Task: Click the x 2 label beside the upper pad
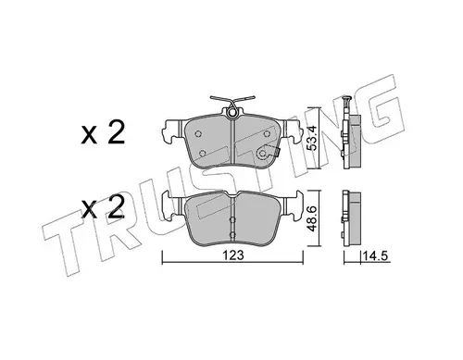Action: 103,132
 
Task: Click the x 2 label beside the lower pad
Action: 103,207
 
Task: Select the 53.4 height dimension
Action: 314,138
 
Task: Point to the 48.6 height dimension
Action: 314,218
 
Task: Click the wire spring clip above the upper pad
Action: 232,101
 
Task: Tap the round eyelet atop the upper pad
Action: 232,113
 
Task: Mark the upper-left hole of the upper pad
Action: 198,133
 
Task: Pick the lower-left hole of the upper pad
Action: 203,153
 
